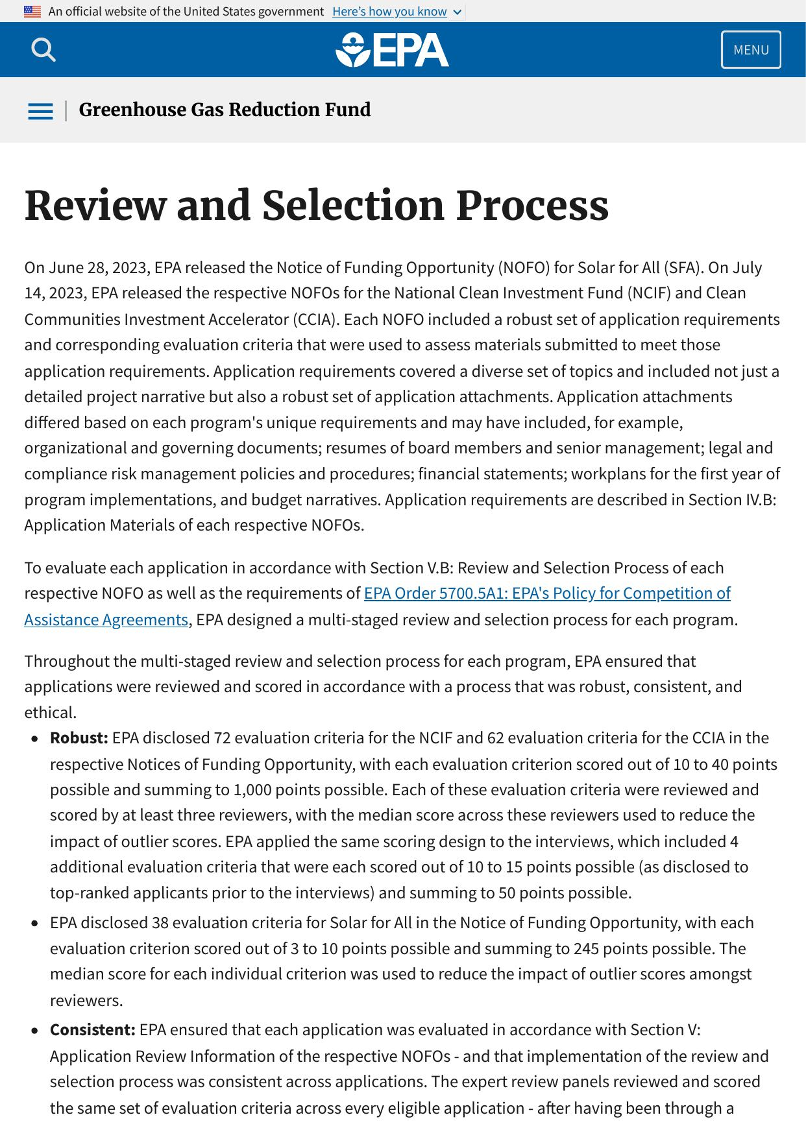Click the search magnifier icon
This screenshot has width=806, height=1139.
tap(43, 49)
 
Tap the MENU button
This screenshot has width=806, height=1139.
tap(751, 50)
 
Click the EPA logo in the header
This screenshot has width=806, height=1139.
tap(392, 50)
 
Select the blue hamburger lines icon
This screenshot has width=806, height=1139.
tap(40, 111)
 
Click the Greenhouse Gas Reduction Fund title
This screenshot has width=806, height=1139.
tap(225, 110)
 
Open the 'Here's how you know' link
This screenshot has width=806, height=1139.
tap(389, 12)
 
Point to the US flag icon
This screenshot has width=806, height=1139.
tap(32, 12)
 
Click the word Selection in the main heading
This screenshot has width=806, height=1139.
tap(352, 206)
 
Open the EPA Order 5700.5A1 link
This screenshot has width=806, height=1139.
tap(547, 593)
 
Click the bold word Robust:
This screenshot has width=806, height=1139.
tap(79, 738)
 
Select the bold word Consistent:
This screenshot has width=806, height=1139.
tap(92, 1030)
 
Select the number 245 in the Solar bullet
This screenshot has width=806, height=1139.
tap(586, 949)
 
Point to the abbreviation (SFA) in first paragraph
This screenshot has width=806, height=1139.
tap(682, 268)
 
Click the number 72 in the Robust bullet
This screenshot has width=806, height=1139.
tap(221, 738)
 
